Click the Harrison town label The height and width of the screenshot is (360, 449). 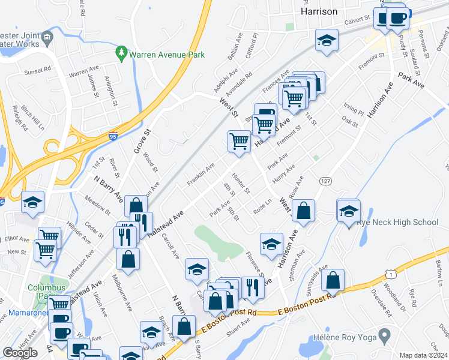[x=319, y=11]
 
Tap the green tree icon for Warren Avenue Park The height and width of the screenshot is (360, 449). [x=122, y=53]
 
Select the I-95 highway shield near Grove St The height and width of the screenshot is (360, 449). [x=113, y=137]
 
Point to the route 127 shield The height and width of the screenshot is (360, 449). [x=325, y=181]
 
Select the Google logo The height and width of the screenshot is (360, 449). [x=20, y=353]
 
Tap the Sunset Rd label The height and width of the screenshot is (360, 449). [x=37, y=71]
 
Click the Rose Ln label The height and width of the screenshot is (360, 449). [x=263, y=206]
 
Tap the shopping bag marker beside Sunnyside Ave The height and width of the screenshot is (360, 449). [x=333, y=280]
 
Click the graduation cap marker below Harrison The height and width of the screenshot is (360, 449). [x=326, y=40]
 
